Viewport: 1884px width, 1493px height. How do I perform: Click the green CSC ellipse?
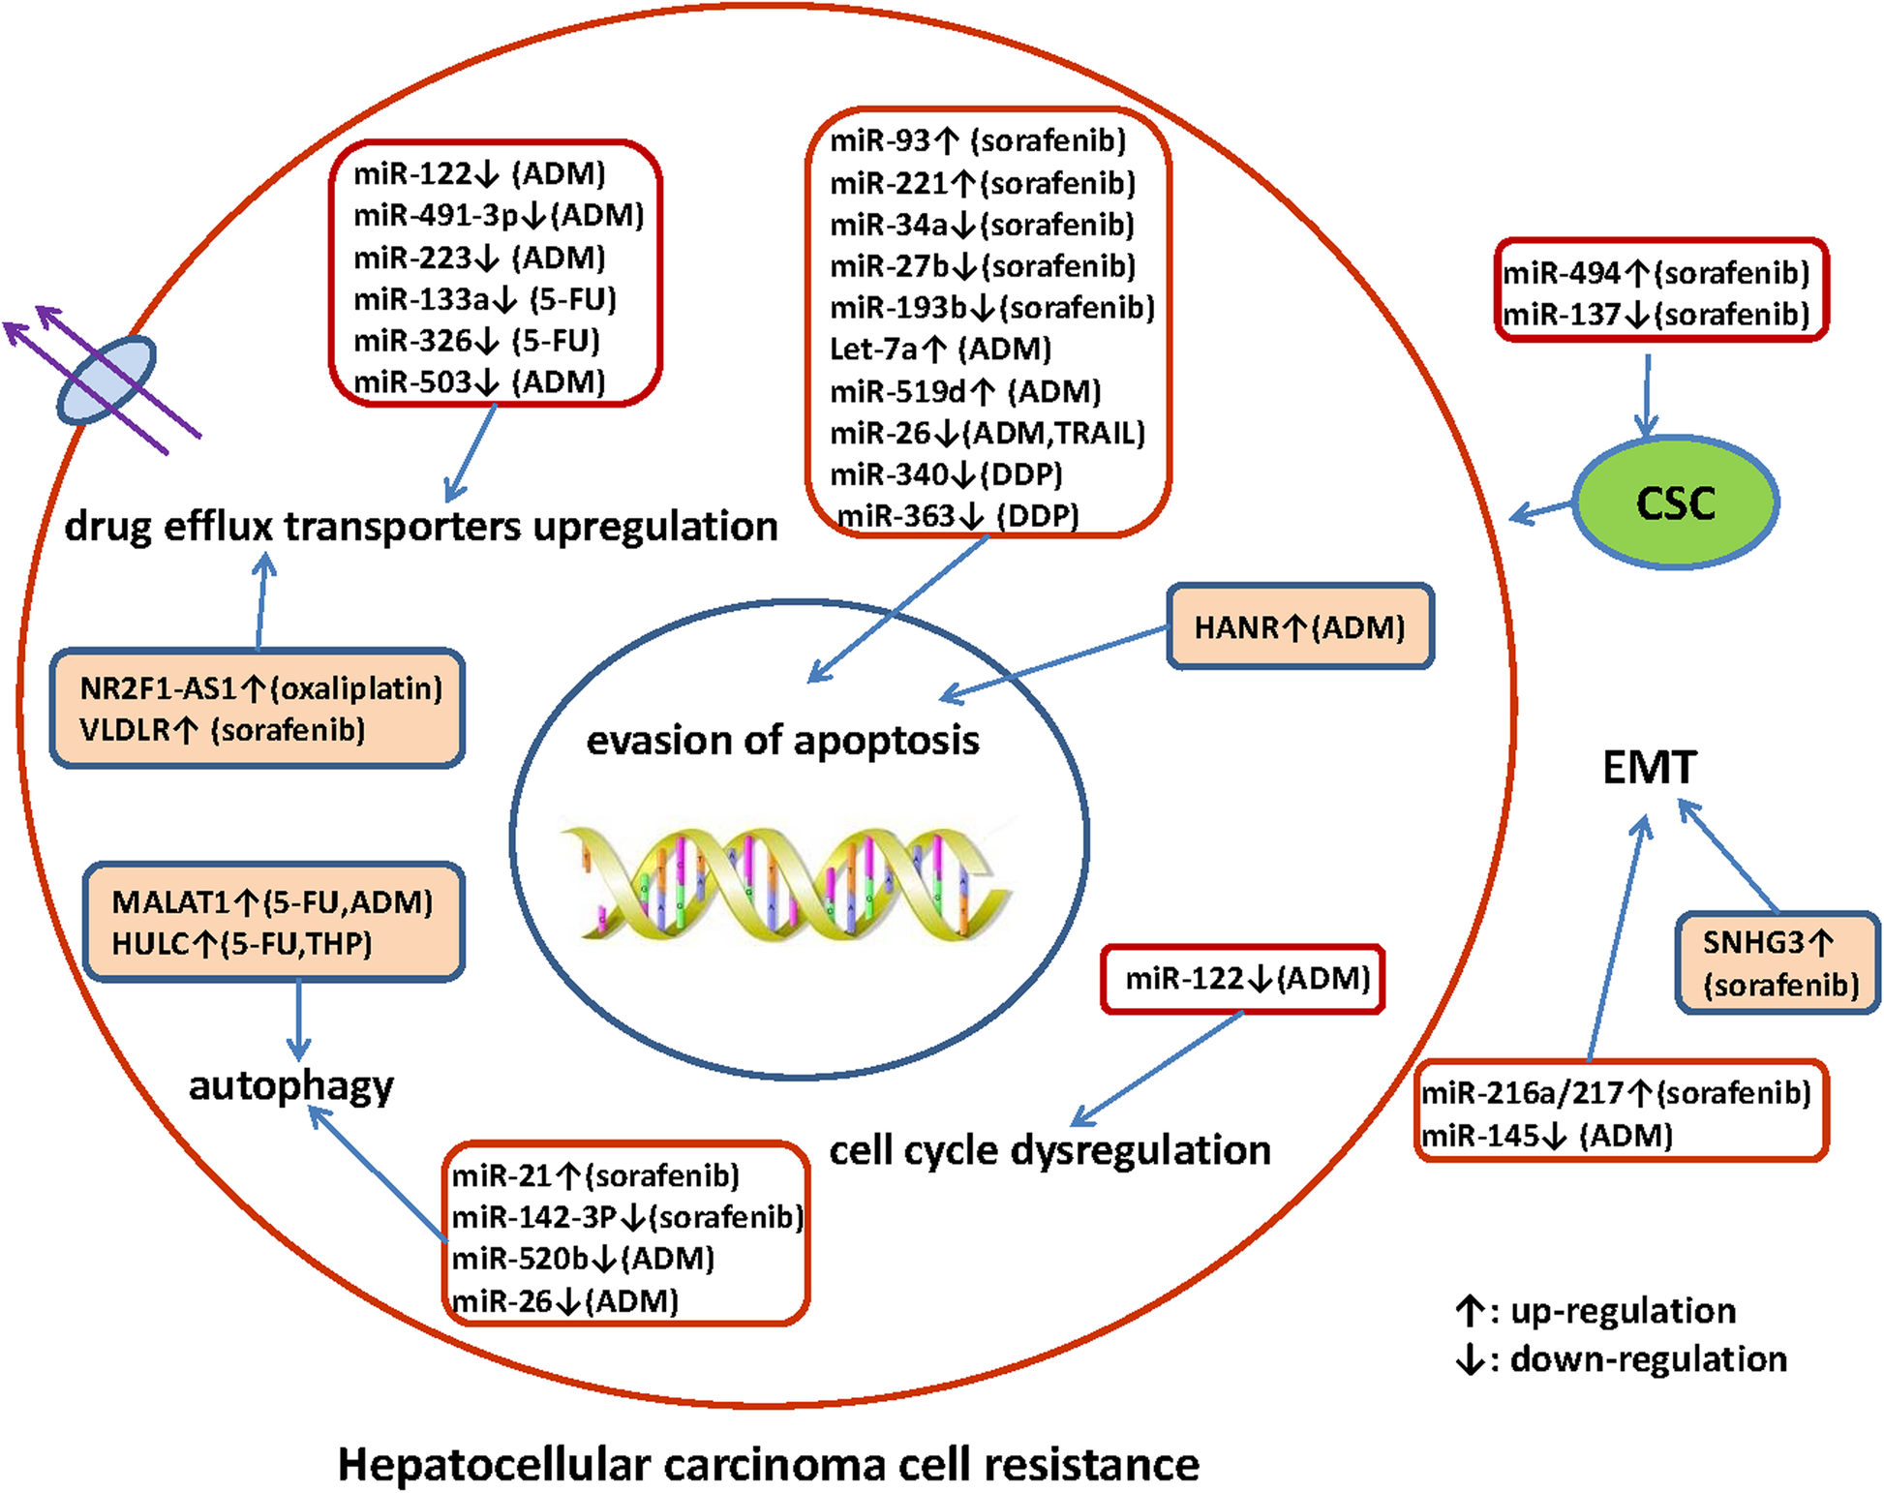coord(1676,503)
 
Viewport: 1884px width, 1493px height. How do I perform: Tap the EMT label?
coord(1649,768)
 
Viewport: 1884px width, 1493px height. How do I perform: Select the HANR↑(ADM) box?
coord(1299,627)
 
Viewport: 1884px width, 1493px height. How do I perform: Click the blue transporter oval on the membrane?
coord(106,380)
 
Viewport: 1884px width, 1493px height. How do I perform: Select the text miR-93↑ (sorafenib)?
coord(978,141)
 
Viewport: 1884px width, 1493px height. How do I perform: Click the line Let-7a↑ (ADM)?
coord(940,349)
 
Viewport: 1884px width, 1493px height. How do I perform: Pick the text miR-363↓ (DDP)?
coord(957,515)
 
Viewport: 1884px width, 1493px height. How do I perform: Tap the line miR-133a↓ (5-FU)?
coord(484,299)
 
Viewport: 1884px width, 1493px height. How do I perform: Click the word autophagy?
coord(291,1085)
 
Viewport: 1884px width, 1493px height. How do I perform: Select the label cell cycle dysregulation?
coord(1049,1150)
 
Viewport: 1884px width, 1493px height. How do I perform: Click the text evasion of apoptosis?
coord(782,741)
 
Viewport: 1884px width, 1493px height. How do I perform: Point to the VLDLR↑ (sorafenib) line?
coord(223,729)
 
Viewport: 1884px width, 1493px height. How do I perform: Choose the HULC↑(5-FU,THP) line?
coord(242,943)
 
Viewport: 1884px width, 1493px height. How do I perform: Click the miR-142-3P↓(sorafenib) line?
coord(627,1217)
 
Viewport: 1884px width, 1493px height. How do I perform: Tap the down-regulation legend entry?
coord(1622,1359)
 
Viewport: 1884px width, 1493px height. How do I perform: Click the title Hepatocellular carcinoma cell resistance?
coord(768,1464)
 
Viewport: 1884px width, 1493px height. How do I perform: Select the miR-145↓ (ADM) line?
coord(1547,1135)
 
